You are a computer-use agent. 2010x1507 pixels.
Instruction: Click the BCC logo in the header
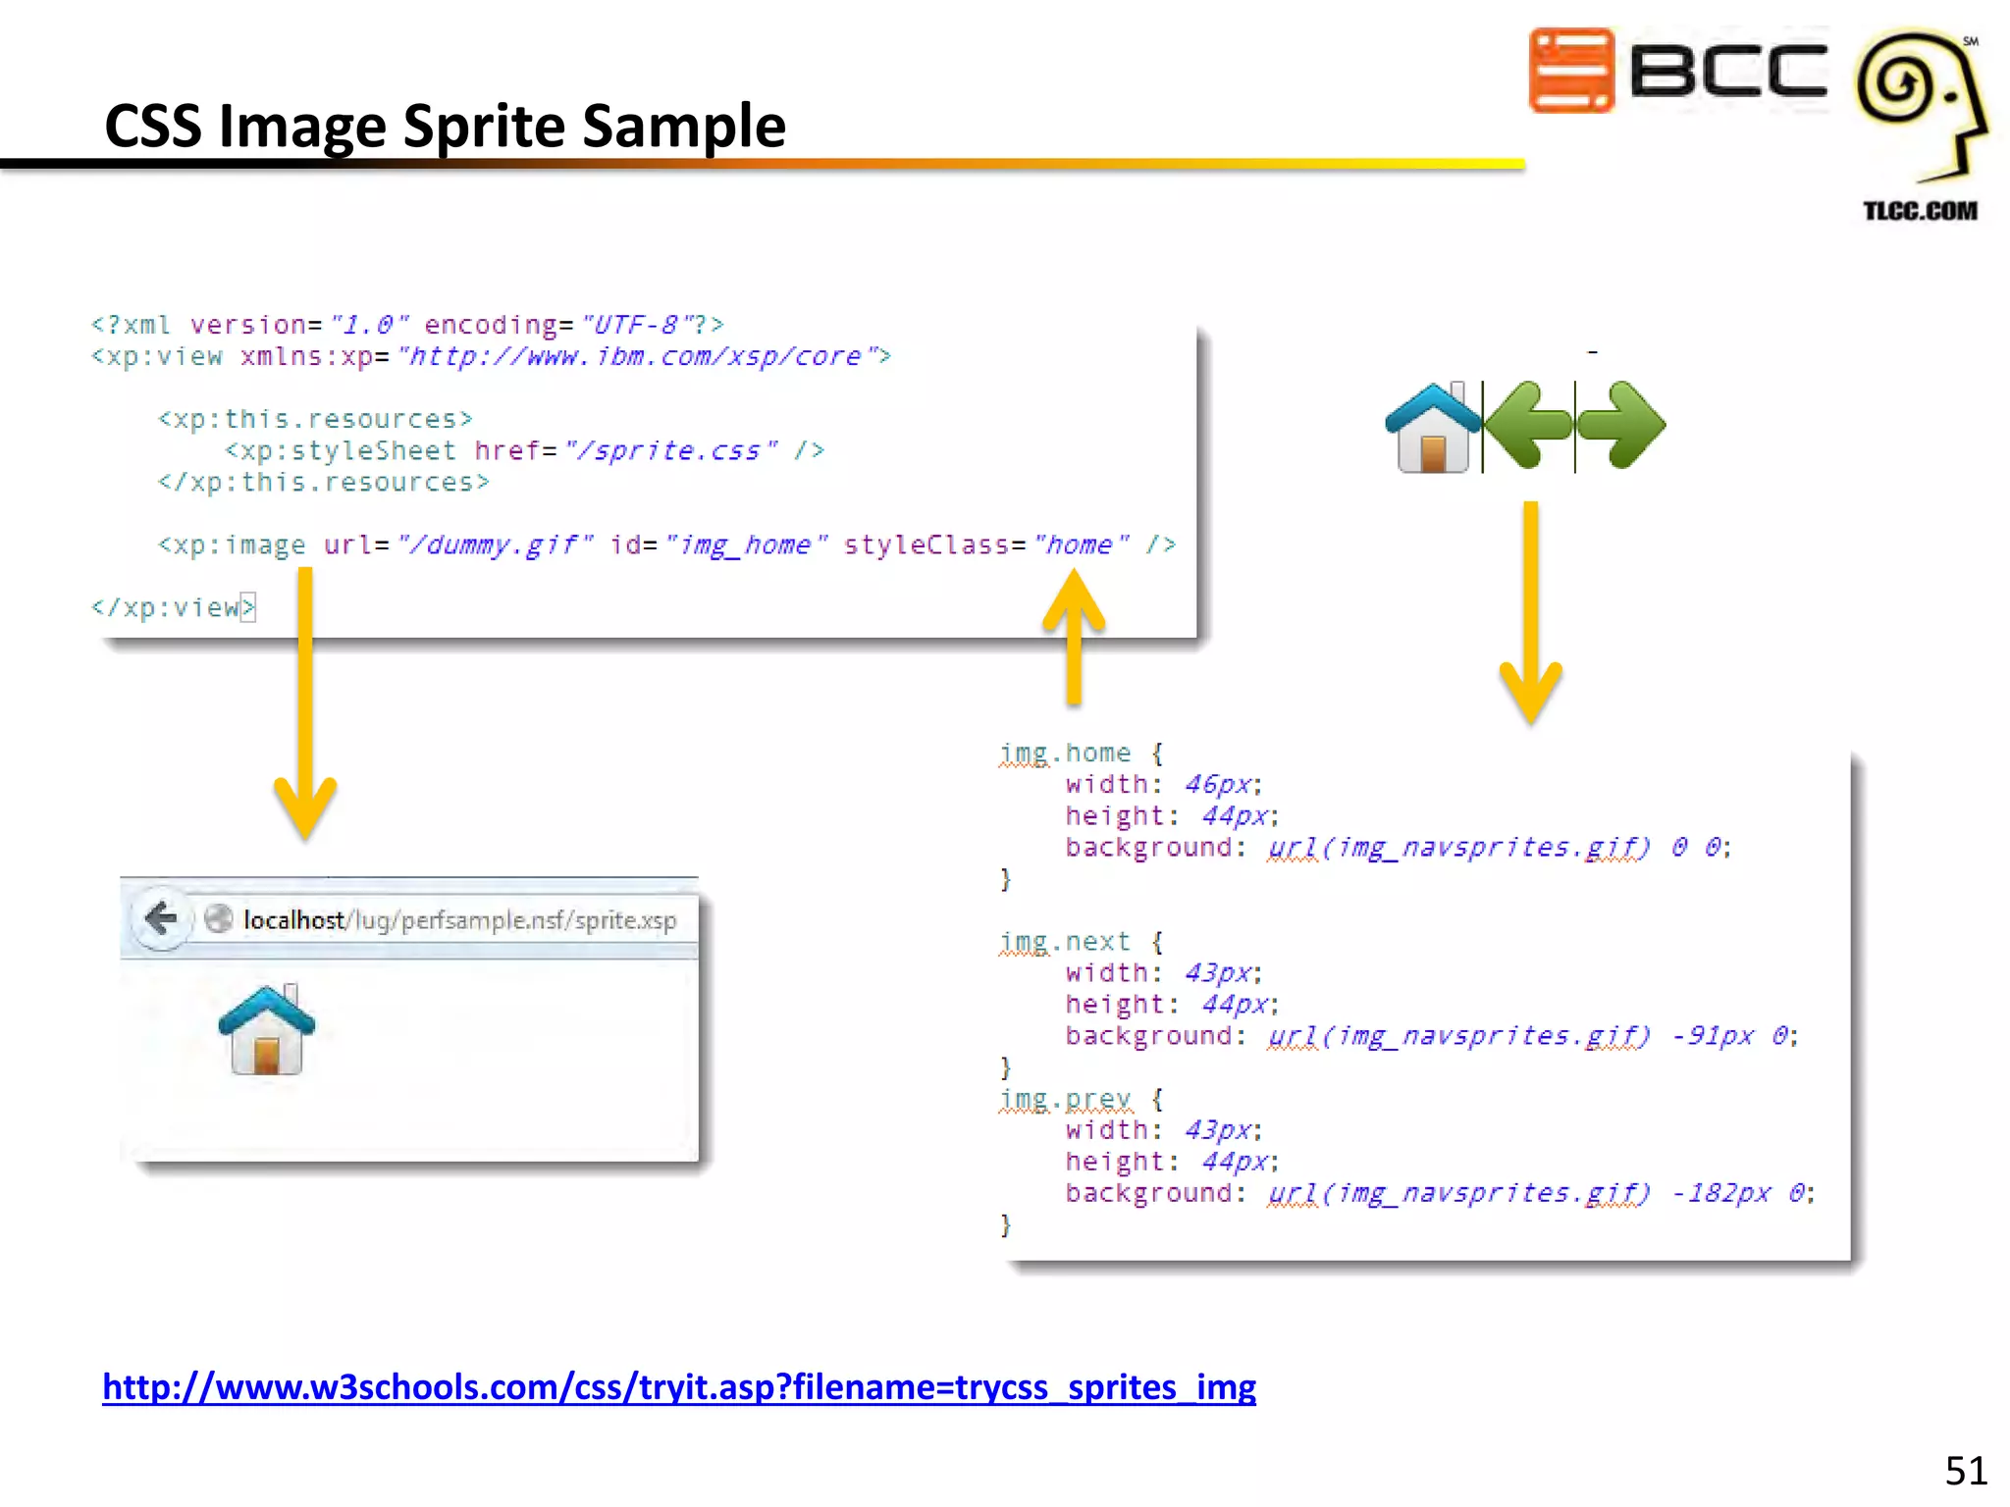pos(1678,71)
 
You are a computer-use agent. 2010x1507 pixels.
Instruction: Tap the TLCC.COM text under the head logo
pos(1920,211)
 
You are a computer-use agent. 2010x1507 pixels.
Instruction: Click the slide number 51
pos(1966,1471)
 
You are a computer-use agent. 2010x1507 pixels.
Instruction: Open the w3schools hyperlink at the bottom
pos(679,1386)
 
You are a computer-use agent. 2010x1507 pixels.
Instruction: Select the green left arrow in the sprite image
pos(1528,426)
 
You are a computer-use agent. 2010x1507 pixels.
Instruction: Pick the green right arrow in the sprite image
pos(1621,426)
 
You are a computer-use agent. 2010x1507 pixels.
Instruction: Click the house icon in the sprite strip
pos(1433,428)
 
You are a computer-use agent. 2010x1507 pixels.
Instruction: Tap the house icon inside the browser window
pos(266,1030)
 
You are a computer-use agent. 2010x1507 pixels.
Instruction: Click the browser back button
pos(160,919)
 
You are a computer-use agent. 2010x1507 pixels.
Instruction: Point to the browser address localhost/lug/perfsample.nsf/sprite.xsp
pos(459,920)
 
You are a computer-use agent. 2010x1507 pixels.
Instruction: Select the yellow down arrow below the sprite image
pos(1531,613)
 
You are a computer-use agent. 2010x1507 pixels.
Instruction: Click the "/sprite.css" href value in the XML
pos(671,450)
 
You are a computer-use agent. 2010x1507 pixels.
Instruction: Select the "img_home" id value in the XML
pos(747,545)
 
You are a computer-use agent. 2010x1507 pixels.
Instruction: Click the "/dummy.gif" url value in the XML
pos(495,545)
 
